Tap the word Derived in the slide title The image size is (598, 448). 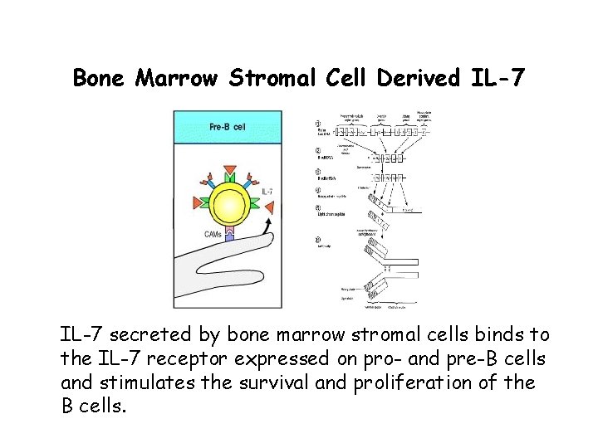point(412,78)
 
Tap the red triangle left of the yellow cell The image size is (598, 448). point(197,200)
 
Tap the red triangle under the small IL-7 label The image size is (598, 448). point(257,207)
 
